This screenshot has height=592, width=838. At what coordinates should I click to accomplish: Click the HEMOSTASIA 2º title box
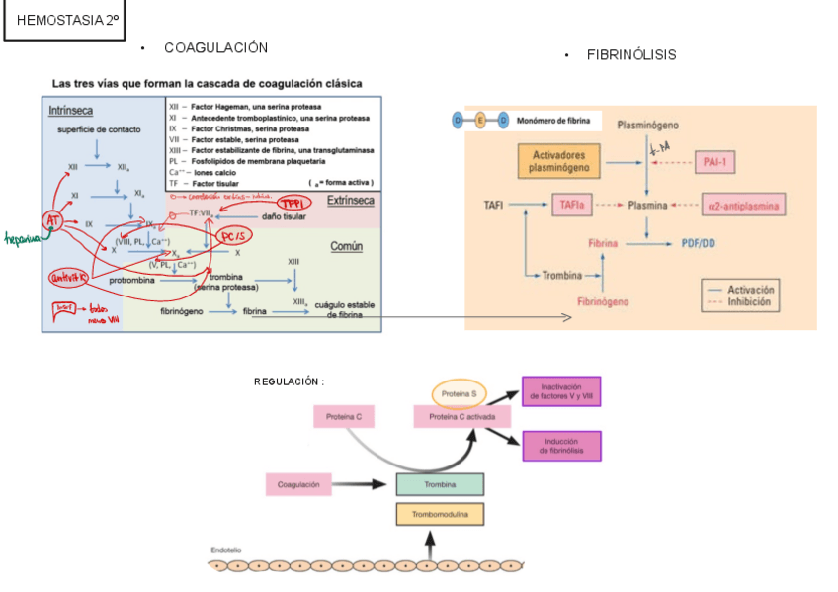click(x=64, y=21)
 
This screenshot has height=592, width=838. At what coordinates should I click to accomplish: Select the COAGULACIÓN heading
click(x=215, y=48)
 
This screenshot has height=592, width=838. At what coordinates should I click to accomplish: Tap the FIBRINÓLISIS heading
click(x=631, y=55)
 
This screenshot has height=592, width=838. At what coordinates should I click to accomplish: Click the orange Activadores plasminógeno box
click(x=558, y=162)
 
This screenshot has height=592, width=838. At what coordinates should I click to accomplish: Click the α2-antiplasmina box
click(x=743, y=206)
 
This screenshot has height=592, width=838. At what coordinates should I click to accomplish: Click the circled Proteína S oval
click(x=460, y=392)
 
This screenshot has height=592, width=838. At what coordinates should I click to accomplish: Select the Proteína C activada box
click(x=462, y=416)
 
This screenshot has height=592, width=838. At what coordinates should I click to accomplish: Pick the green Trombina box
click(x=440, y=484)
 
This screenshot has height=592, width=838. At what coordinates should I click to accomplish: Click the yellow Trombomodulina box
click(x=440, y=515)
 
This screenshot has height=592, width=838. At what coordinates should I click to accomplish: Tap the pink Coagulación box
click(x=298, y=484)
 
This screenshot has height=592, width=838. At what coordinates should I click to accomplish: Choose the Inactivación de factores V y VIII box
click(x=560, y=391)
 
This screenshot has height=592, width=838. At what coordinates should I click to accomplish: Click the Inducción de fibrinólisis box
click(x=560, y=445)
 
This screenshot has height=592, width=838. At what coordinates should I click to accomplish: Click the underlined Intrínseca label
click(x=69, y=111)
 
